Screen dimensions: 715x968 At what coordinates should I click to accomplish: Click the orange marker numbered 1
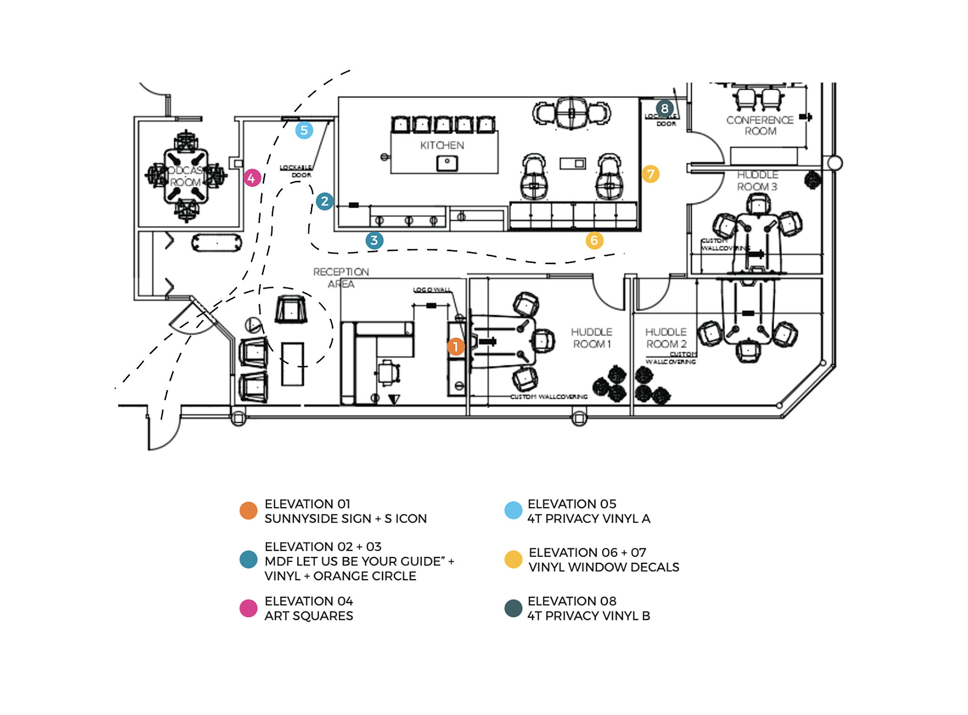pyautogui.click(x=456, y=347)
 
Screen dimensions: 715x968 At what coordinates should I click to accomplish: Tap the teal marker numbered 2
pyautogui.click(x=325, y=201)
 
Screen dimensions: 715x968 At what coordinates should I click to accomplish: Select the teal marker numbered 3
pyautogui.click(x=374, y=240)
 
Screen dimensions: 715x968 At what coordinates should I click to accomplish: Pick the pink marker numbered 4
pyautogui.click(x=252, y=178)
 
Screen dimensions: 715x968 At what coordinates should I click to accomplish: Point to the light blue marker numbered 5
pyautogui.click(x=304, y=130)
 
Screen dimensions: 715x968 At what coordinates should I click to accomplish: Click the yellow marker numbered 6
pyautogui.click(x=594, y=240)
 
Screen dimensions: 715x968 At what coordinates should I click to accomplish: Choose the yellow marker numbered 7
pyautogui.click(x=651, y=174)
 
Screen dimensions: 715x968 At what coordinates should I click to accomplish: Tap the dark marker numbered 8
pyautogui.click(x=665, y=108)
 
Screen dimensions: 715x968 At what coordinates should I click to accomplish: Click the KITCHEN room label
pyautogui.click(x=442, y=146)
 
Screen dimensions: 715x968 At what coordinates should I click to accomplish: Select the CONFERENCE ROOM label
pyautogui.click(x=760, y=126)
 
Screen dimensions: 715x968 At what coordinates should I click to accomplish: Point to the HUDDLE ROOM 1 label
pyautogui.click(x=592, y=338)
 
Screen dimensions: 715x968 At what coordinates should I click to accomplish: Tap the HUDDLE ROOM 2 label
pyautogui.click(x=666, y=338)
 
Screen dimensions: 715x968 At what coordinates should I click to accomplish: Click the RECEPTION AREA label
pyautogui.click(x=341, y=278)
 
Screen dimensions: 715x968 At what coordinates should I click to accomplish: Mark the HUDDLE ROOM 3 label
pyautogui.click(x=757, y=181)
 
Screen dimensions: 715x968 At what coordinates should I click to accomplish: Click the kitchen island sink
pyautogui.click(x=447, y=163)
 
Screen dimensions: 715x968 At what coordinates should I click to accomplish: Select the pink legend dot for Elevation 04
pyautogui.click(x=249, y=608)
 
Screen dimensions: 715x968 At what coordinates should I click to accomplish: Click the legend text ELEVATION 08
pyautogui.click(x=572, y=601)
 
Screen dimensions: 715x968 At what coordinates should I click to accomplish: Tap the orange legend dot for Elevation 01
pyautogui.click(x=249, y=510)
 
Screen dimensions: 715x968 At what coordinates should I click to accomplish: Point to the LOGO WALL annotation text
pyautogui.click(x=432, y=290)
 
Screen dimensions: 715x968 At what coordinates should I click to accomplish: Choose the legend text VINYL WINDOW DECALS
pyautogui.click(x=604, y=567)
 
